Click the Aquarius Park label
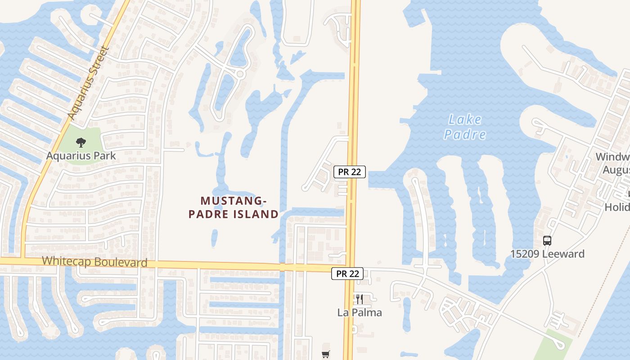tap(81, 156)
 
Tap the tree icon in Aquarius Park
tap(81, 143)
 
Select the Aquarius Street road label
tap(89, 83)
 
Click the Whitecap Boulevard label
tap(94, 262)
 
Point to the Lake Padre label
tap(465, 127)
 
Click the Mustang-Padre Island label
tap(234, 207)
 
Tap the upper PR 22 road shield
tap(350, 172)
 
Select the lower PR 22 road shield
tap(347, 273)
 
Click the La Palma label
tap(360, 312)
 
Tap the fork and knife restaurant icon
tap(360, 299)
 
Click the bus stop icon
tap(547, 241)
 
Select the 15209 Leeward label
tap(547, 254)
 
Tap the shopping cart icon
tap(326, 355)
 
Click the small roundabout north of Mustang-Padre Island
tap(240, 73)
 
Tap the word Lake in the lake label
tap(465, 120)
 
